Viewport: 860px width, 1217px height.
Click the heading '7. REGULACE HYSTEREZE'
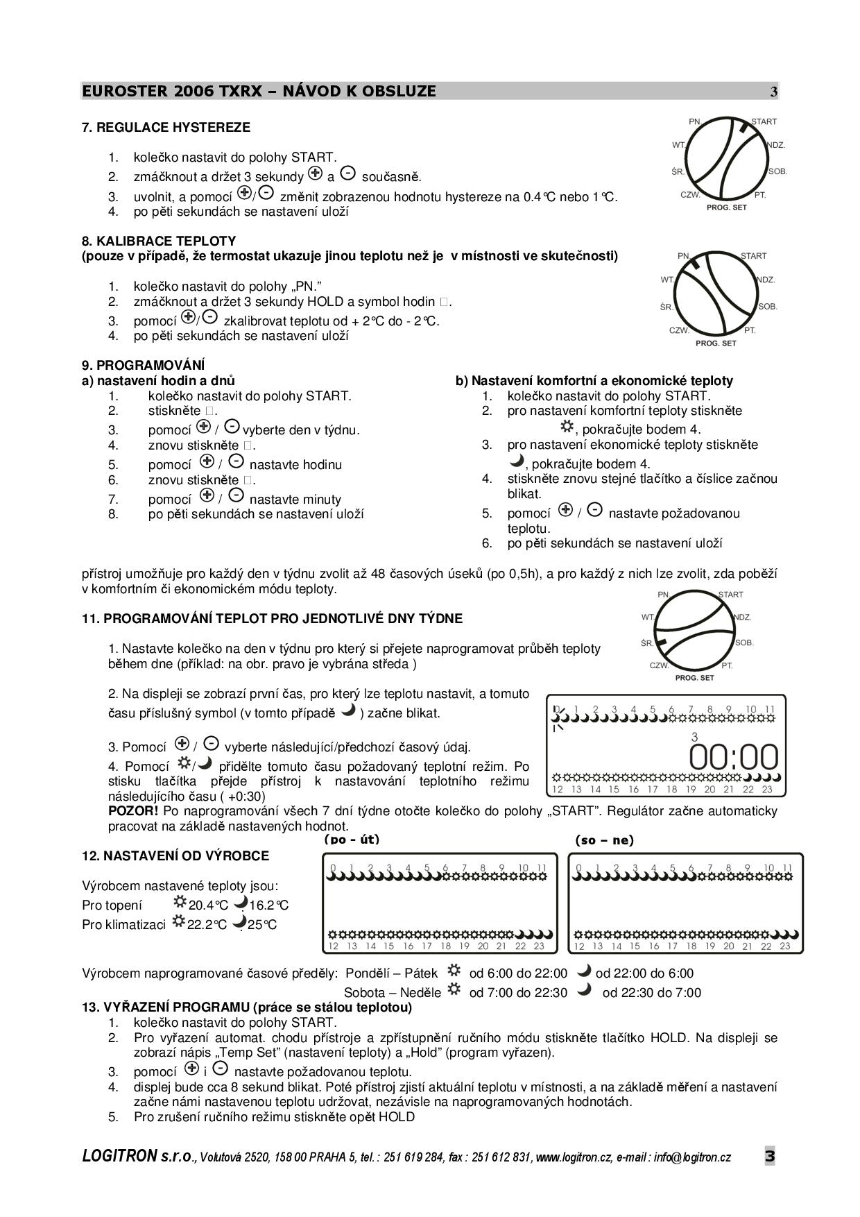(x=166, y=128)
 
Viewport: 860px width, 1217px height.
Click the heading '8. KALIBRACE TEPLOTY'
(x=159, y=241)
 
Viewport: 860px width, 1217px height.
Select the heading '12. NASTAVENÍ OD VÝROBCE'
(x=175, y=856)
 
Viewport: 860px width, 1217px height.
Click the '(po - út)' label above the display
(x=352, y=840)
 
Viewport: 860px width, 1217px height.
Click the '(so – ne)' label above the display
(x=604, y=840)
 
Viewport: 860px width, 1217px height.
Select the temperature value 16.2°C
(x=269, y=905)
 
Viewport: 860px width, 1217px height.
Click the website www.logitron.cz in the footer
(x=573, y=1157)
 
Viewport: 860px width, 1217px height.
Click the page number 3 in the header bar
(x=774, y=92)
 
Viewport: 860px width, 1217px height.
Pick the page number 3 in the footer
(x=770, y=1156)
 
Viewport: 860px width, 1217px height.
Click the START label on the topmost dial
(x=764, y=122)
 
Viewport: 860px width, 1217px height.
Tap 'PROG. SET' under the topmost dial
(x=726, y=207)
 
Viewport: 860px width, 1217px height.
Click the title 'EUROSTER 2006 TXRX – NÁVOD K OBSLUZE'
(x=259, y=91)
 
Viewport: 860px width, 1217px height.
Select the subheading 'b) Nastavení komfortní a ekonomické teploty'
(x=594, y=381)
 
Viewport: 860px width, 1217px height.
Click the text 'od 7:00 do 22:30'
(x=518, y=993)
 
